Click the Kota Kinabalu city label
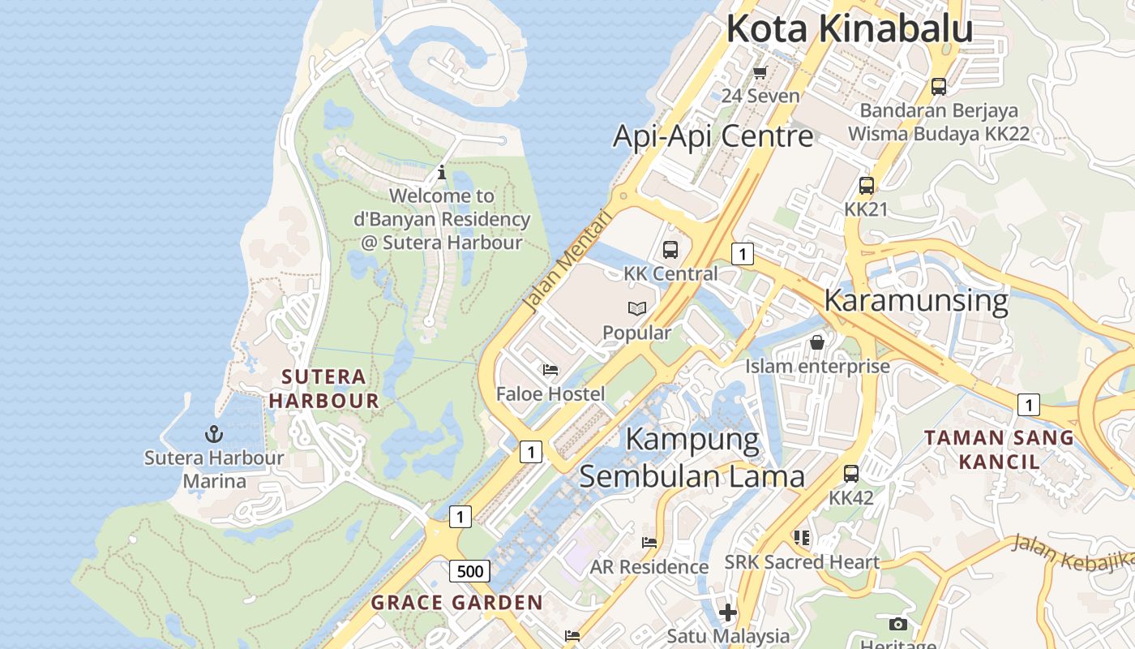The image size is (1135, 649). point(849,28)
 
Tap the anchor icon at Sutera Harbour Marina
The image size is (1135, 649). point(214,434)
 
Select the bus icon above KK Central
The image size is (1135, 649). point(670,250)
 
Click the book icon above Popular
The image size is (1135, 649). point(637,309)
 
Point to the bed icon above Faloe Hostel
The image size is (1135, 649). point(550,370)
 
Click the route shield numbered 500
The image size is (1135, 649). point(469,571)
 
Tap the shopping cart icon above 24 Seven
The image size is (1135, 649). point(760,73)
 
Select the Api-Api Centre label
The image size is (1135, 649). point(713,135)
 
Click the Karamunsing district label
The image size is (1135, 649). point(915,300)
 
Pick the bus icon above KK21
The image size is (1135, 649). point(866,186)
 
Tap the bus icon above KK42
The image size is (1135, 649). point(850,474)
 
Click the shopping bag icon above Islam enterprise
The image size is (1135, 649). point(817,342)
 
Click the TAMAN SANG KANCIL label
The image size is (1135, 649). point(999,449)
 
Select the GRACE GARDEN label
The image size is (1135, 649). point(456,603)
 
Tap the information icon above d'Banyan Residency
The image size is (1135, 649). point(442,172)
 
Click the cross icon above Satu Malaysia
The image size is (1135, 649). point(728,612)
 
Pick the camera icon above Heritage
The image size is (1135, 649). point(897,624)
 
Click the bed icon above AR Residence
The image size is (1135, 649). point(649,543)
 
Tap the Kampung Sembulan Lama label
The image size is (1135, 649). point(692,458)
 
